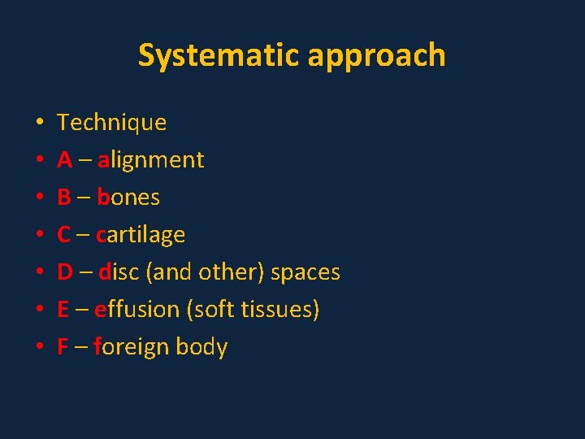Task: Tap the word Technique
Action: point(111,123)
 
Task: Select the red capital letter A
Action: point(65,160)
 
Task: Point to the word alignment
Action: point(150,161)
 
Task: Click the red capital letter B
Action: point(64,198)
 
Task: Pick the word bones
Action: point(128,198)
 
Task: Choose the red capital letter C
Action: point(64,235)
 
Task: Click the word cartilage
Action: point(140,236)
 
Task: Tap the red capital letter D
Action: point(65,272)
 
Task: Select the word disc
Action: point(119,272)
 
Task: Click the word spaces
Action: point(305,273)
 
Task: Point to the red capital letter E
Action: point(63,310)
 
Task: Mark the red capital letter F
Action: point(63,347)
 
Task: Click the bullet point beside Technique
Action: point(39,124)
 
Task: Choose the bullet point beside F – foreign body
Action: point(39,348)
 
